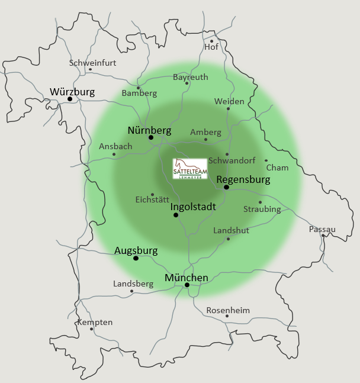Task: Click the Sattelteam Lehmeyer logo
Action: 190,169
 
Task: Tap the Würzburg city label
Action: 72,92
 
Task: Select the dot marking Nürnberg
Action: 151,137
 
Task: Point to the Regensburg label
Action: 243,179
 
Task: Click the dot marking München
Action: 187,285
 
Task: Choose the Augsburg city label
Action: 136,250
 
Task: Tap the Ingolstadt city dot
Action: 176,215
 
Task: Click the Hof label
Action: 211,47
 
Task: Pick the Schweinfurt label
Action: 92,63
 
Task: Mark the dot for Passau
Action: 323,236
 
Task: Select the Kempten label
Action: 95,322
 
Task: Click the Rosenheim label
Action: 228,310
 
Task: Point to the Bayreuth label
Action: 191,77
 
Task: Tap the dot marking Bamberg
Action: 139,88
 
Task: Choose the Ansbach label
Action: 115,146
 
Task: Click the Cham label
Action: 277,168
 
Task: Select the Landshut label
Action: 231,230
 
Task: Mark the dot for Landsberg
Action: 131,291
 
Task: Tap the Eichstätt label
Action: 152,199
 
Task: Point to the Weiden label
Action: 229,101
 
